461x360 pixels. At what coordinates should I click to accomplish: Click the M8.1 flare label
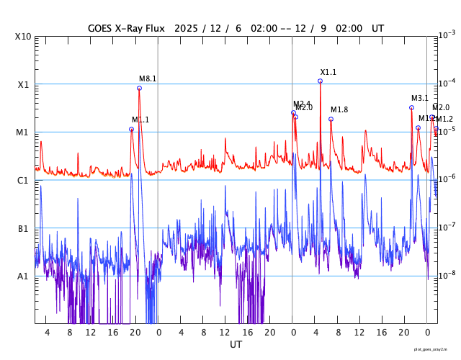(148, 78)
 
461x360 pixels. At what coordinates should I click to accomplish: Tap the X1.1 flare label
(328, 72)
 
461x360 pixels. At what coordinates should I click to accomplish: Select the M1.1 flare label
(140, 120)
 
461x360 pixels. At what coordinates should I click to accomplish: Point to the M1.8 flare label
(339, 109)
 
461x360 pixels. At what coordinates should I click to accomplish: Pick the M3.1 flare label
(420, 98)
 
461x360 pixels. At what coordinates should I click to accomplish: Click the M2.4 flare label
(302, 104)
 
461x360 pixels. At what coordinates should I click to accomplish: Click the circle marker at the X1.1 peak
(321, 81)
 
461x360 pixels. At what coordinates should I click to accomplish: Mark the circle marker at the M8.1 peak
(139, 88)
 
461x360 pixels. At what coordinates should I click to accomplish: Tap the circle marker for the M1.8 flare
(331, 119)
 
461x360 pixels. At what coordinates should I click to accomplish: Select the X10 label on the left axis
(23, 37)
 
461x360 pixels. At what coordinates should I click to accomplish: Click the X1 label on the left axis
(23, 84)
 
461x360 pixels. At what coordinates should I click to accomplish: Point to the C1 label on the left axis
(23, 180)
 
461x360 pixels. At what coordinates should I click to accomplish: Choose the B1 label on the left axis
(23, 228)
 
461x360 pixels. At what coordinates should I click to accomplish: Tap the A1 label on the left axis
(23, 276)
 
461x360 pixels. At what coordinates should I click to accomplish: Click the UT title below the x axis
(236, 344)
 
